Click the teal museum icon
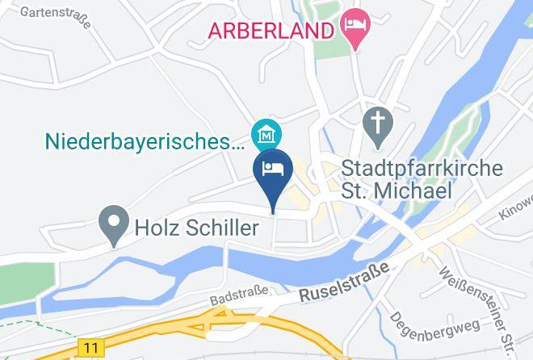pos(264,134)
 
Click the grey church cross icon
pos(376,128)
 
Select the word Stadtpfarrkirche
pos(422,170)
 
